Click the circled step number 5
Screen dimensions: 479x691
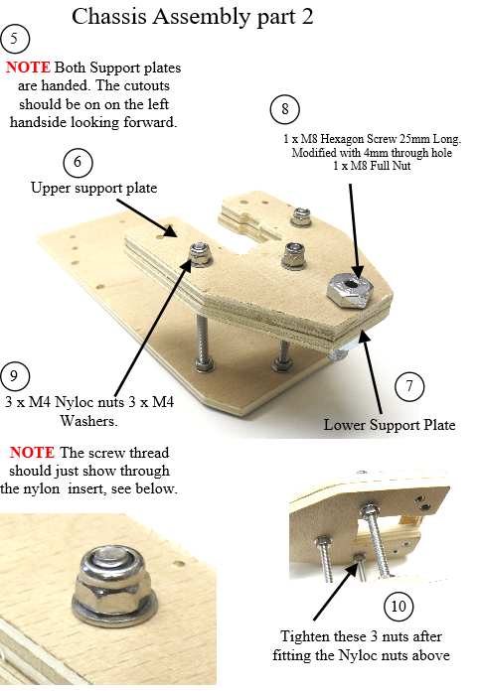tap(15, 39)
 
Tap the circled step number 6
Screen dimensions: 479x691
tap(78, 162)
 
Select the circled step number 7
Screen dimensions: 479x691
tap(409, 386)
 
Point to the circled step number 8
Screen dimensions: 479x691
tap(285, 109)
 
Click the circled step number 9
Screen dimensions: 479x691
tap(15, 376)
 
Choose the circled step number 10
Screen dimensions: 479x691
tap(399, 606)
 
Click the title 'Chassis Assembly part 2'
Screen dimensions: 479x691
tap(193, 16)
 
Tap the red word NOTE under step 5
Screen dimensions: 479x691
tap(28, 68)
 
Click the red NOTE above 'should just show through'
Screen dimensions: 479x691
tap(32, 453)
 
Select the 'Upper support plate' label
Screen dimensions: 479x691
tap(94, 189)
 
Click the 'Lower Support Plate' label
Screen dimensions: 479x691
tap(390, 425)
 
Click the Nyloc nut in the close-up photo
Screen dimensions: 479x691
tap(114, 580)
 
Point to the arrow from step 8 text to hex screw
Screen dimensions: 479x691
tap(354, 230)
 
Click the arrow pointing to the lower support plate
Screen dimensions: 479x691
tap(371, 372)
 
